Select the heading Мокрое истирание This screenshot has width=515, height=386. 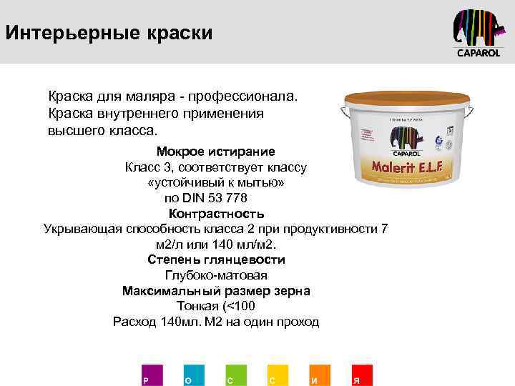pos(215,152)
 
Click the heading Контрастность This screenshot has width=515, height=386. pos(216,214)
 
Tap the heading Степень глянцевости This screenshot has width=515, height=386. pos(216,259)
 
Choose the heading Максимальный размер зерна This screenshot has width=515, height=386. pos(216,291)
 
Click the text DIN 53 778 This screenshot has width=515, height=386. pos(216,198)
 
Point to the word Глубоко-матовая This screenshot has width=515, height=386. pos(216,275)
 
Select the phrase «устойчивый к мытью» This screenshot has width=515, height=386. pos(216,183)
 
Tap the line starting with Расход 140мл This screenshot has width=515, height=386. pos(216,322)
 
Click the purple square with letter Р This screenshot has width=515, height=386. pos(152,375)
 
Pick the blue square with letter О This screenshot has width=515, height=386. pos(193,375)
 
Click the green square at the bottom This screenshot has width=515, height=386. pos(235,375)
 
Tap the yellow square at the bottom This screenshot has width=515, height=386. pos(277,375)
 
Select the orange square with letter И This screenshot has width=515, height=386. pos(319,375)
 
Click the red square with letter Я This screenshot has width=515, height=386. pos(360,375)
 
